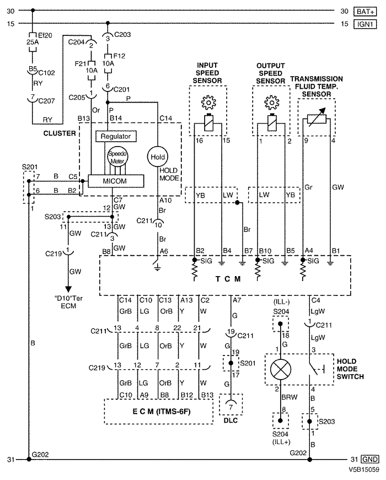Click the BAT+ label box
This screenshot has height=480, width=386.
pyautogui.click(x=365, y=12)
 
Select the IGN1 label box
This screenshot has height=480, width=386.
pyautogui.click(x=365, y=24)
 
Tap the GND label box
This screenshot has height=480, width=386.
pyautogui.click(x=370, y=459)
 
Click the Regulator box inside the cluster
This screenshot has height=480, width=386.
pyautogui.click(x=116, y=136)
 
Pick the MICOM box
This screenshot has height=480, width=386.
pyautogui.click(x=116, y=181)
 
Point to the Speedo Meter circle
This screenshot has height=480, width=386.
pyautogui.click(x=117, y=157)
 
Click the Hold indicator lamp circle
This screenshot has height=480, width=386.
pyautogui.click(x=158, y=157)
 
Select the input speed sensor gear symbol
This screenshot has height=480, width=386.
pyautogui.click(x=208, y=103)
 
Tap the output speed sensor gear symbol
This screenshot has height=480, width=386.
pyautogui.click(x=271, y=103)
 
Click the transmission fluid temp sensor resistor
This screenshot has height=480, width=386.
pyautogui.click(x=317, y=118)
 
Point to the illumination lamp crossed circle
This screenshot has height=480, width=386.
pyautogui.click(x=281, y=369)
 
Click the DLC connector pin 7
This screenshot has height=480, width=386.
pyautogui.click(x=230, y=407)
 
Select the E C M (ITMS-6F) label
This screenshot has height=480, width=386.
pyautogui.click(x=162, y=412)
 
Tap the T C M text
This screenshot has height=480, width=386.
pyautogui.click(x=228, y=279)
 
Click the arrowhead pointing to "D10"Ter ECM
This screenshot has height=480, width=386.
pyautogui.click(x=68, y=289)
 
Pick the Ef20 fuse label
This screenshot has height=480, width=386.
pyautogui.click(x=45, y=35)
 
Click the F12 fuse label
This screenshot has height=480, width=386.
pyautogui.click(x=119, y=56)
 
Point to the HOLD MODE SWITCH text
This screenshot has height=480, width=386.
pyautogui.click(x=350, y=369)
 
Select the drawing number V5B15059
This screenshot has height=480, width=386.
pyautogui.click(x=363, y=470)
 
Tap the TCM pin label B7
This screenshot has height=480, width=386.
pyautogui.click(x=248, y=251)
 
